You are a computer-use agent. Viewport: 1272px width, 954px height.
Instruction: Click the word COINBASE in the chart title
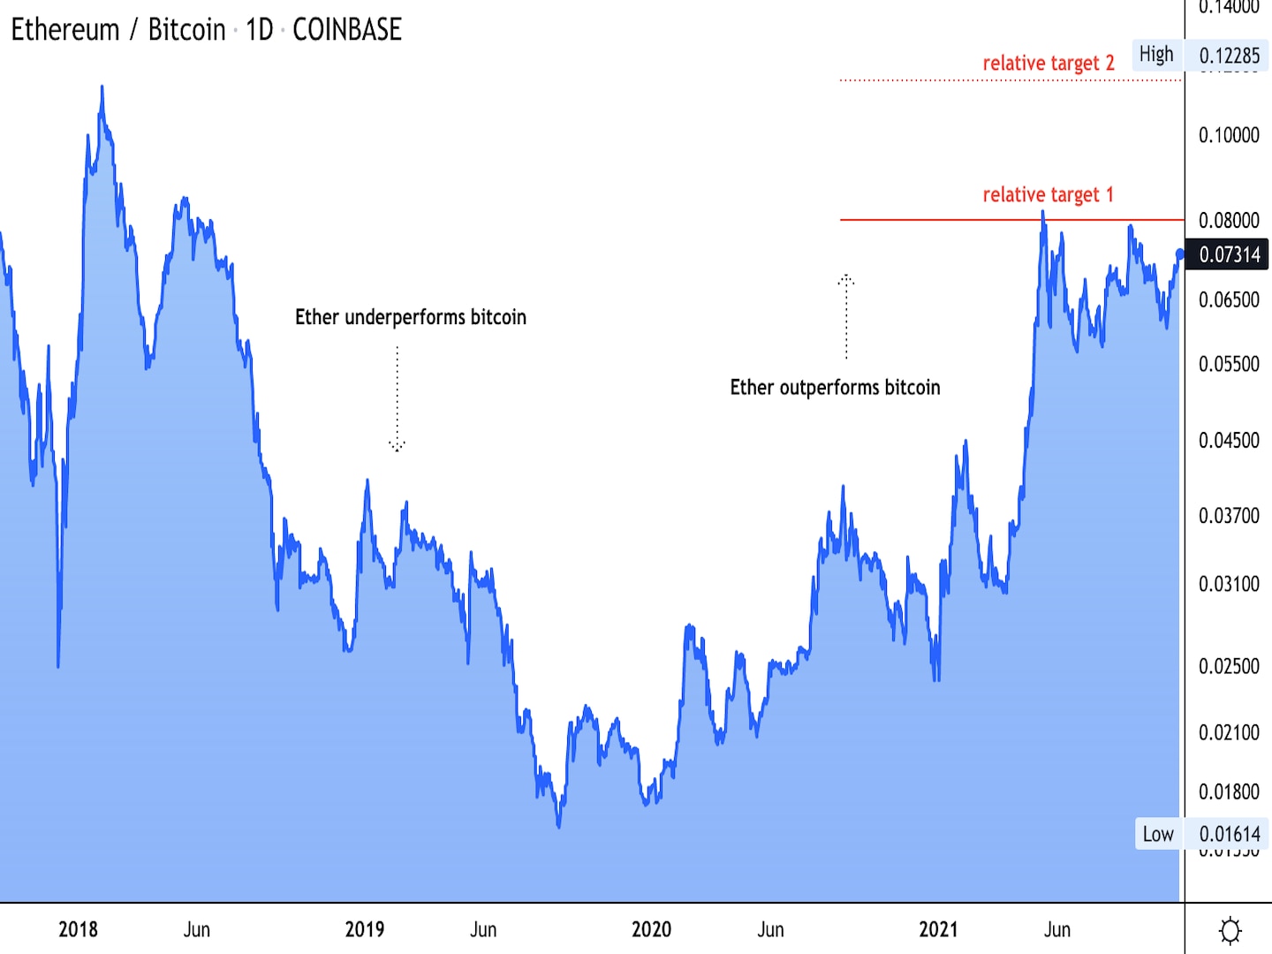point(346,30)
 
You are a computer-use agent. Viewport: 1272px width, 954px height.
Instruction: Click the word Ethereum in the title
point(65,30)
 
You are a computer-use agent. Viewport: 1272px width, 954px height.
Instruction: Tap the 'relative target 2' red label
point(1049,64)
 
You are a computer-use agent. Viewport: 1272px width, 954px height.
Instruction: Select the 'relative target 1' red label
point(1048,195)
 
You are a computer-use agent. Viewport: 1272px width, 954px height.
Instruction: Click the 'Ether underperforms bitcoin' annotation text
point(411,317)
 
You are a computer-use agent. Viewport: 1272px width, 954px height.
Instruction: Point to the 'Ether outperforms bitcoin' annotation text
point(835,388)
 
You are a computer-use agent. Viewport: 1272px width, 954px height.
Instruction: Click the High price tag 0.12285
point(1229,57)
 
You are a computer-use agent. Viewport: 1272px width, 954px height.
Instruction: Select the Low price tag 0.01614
point(1229,834)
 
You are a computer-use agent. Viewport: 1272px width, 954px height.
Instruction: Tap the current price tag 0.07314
point(1229,255)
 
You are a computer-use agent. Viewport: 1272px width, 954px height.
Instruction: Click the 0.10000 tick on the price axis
point(1229,135)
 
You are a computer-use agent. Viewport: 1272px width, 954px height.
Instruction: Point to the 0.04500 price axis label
point(1229,440)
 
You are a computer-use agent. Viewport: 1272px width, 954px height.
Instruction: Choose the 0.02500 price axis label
point(1229,666)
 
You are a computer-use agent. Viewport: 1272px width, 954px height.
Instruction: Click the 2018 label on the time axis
point(78,929)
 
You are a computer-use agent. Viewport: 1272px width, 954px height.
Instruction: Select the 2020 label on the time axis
point(651,929)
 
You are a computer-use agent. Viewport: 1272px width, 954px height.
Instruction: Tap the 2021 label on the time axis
point(938,929)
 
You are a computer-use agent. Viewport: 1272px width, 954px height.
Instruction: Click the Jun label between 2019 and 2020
point(483,929)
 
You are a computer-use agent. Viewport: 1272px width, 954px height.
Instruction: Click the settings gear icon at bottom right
point(1230,930)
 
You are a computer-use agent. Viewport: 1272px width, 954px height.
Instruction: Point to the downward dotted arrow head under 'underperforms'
point(397,446)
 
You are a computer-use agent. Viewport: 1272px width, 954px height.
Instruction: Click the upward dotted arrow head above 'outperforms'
point(846,280)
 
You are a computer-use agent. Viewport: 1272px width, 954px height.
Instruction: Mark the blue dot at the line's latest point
point(1180,254)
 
